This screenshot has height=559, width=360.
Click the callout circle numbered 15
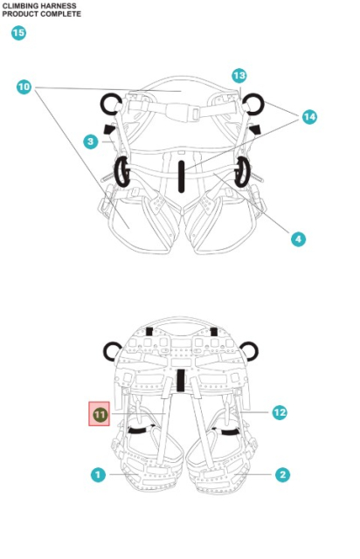[x=17, y=33]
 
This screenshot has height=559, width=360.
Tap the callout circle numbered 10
[x=24, y=86]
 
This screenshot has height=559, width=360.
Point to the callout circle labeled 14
[x=309, y=116]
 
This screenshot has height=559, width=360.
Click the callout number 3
[x=90, y=141]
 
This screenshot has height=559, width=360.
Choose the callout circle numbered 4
[x=298, y=238]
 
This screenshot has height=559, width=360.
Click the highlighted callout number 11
[x=100, y=413]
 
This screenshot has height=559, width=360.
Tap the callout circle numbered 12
[x=280, y=412]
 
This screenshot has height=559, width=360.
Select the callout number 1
[x=99, y=474]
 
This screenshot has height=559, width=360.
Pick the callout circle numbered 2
[x=281, y=474]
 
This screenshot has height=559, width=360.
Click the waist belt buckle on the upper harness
[x=179, y=113]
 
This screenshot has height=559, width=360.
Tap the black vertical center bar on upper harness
[x=180, y=174]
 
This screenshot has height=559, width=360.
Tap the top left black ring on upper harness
[x=111, y=105]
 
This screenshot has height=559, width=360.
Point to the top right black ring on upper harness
[x=253, y=105]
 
